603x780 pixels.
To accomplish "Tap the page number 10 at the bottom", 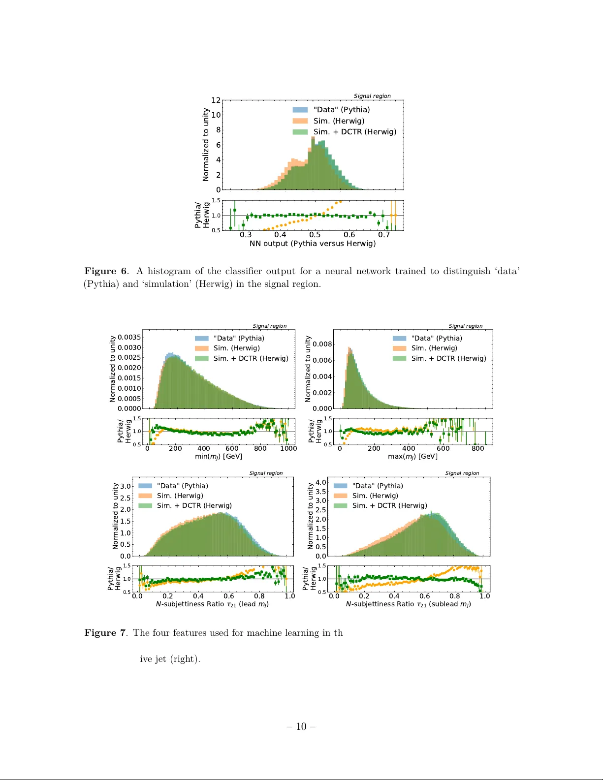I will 301,726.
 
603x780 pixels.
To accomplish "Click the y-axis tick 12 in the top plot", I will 216,100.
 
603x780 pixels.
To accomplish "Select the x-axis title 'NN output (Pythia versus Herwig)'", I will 313,244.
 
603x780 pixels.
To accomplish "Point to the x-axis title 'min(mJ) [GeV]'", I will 219,456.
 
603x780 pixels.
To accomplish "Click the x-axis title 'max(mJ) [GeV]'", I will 413,456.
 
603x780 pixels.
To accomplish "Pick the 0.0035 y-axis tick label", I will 129,337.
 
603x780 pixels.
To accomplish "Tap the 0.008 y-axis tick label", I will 322,344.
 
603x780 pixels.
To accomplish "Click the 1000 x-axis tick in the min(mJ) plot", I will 288,448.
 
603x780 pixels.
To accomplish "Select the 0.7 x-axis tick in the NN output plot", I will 384,235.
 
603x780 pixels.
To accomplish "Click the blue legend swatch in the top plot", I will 300,110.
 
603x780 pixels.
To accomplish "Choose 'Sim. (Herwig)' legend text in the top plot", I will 339,121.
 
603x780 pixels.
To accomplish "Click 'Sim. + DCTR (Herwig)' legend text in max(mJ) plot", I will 448,358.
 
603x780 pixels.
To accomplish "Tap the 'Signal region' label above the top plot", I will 372,96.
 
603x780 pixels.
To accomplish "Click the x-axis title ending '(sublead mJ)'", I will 408,604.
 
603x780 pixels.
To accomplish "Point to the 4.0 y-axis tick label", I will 321,482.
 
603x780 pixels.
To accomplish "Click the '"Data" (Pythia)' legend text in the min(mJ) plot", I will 239,338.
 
